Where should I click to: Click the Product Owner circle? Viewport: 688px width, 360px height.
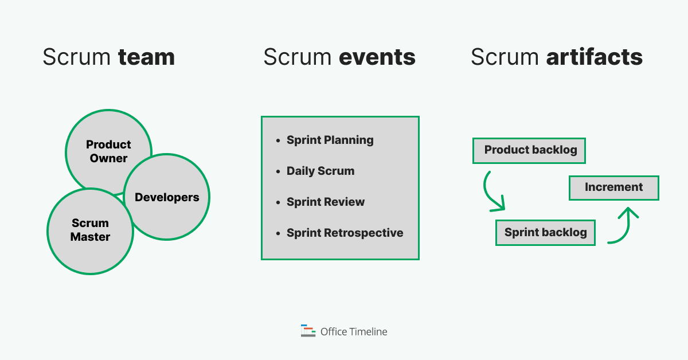click(x=108, y=151)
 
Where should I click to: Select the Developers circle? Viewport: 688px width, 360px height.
click(x=167, y=197)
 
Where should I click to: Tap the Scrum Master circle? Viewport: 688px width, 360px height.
click(x=90, y=229)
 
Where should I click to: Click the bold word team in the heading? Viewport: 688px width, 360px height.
click(x=146, y=57)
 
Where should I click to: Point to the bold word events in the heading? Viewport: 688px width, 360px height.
click(x=377, y=57)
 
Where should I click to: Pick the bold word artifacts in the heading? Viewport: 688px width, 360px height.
click(x=594, y=57)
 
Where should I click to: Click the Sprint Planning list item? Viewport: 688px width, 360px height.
click(x=330, y=140)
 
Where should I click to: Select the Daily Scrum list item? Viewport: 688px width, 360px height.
click(x=320, y=171)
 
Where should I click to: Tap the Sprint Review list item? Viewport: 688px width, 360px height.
click(x=326, y=202)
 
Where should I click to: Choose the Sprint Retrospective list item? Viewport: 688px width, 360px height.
click(x=345, y=233)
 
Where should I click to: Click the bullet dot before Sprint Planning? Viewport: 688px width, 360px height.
click(x=278, y=140)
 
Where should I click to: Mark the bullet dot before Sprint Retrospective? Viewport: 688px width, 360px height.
click(x=278, y=233)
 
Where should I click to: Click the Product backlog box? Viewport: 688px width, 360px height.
click(x=529, y=150)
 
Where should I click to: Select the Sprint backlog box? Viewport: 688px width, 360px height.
click(x=545, y=232)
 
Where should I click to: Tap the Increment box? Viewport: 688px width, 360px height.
click(x=613, y=187)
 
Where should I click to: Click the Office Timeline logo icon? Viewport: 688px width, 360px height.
click(x=308, y=331)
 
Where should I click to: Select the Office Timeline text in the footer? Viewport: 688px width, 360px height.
click(x=354, y=331)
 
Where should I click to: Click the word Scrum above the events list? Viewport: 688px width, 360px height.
click(x=298, y=57)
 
